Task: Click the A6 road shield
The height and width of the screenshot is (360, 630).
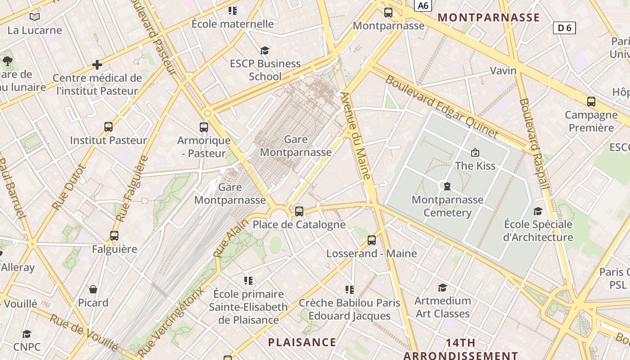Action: (423, 5)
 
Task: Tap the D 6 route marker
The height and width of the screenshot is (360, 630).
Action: (564, 28)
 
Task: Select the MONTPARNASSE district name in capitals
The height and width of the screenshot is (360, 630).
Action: (488, 18)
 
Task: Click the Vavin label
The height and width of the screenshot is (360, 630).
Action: (503, 71)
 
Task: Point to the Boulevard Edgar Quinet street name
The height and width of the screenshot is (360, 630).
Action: (441, 107)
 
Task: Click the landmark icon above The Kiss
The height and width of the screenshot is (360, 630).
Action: (475, 153)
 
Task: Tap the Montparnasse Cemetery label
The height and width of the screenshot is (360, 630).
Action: (447, 206)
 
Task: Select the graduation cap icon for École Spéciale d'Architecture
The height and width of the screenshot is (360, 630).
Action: (538, 211)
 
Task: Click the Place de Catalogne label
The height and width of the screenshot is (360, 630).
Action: (299, 225)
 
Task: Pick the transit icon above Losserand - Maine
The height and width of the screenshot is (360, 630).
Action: (371, 240)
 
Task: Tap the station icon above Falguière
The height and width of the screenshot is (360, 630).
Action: (114, 236)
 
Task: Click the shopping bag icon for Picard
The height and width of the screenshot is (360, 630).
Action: (93, 289)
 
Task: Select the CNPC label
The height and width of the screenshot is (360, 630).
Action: (27, 347)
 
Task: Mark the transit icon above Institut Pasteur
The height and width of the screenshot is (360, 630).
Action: (108, 127)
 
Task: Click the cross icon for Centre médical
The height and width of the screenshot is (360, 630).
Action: (97, 65)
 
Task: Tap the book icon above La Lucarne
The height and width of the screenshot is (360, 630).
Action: (35, 17)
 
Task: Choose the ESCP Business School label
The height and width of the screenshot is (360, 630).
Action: (265, 70)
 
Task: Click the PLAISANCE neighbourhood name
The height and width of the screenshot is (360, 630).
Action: (302, 342)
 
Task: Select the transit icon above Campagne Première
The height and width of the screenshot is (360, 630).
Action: (591, 102)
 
